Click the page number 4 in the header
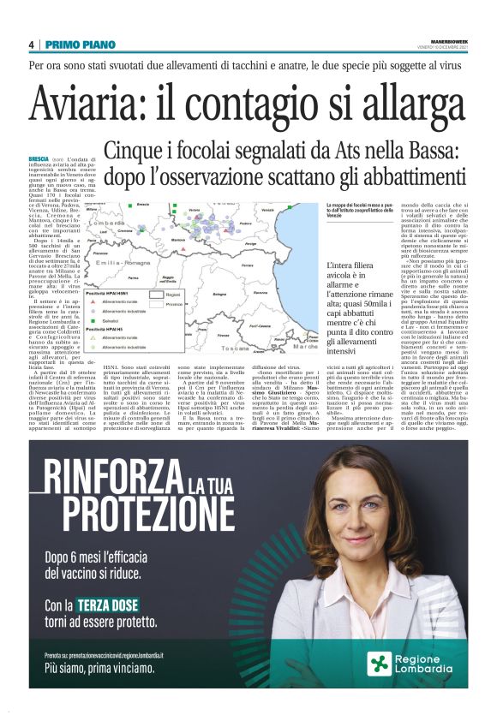(x=31, y=45)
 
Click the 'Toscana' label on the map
(x=232, y=349)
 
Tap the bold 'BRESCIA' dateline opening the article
(x=39, y=158)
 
